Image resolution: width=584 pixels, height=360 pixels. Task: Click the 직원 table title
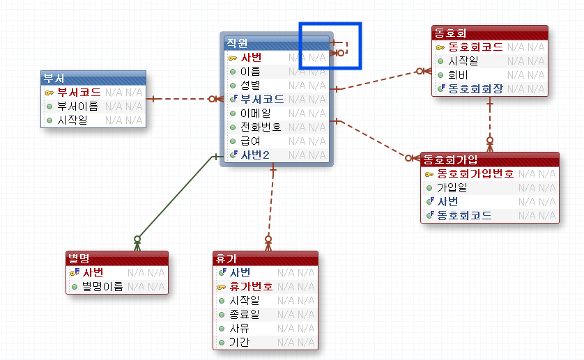pyautogui.click(x=237, y=43)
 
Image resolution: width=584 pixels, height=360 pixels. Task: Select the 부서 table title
pyautogui.click(x=54, y=77)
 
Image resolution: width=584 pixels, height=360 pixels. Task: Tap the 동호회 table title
pyautogui.click(x=450, y=33)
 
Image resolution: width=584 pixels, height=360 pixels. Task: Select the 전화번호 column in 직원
pyautogui.click(x=261, y=127)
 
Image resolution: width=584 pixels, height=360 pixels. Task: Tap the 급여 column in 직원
pyautogui.click(x=251, y=141)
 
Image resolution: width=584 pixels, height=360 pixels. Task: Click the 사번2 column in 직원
pyautogui.click(x=255, y=155)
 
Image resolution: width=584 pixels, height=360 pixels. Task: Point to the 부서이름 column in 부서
pyautogui.click(x=77, y=106)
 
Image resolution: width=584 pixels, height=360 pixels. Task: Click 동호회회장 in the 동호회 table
pyautogui.click(x=475, y=88)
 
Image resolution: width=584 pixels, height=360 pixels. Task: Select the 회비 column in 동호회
pyautogui.click(x=458, y=75)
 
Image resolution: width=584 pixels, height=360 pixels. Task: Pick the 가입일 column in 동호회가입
pyautogui.click(x=452, y=187)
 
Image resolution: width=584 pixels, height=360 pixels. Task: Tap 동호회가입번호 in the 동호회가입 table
pyautogui.click(x=475, y=173)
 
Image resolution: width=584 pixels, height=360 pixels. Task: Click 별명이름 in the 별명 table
pyautogui.click(x=102, y=286)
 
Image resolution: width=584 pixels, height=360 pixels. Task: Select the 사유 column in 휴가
pyautogui.click(x=240, y=328)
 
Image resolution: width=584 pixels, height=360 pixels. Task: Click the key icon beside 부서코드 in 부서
pyautogui.click(x=49, y=92)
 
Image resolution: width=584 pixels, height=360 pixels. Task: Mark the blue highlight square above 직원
pyautogui.click(x=330, y=46)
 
